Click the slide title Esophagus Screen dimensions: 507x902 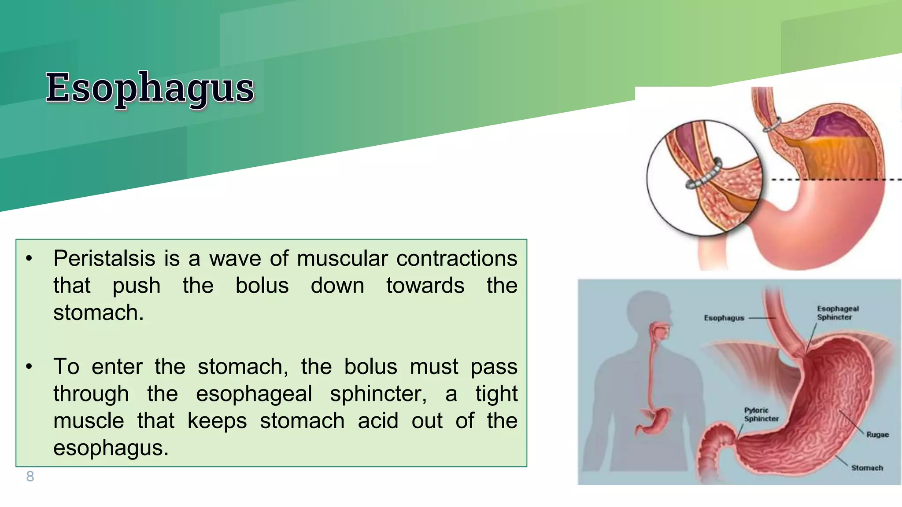point(150,88)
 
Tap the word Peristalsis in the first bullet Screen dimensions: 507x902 point(104,258)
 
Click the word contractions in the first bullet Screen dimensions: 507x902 point(457,258)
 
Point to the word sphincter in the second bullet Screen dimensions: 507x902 point(378,394)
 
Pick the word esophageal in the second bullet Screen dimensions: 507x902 point(254,394)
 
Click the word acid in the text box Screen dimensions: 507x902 point(378,421)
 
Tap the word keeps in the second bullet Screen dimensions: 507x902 point(217,421)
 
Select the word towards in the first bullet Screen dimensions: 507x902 point(425,286)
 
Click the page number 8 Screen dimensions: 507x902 point(30,476)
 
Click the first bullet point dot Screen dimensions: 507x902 point(29,258)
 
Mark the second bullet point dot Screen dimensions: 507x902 point(29,367)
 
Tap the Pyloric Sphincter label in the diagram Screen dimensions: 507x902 point(761,415)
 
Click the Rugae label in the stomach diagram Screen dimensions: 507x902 point(877,435)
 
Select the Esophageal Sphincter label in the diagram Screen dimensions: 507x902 point(838,313)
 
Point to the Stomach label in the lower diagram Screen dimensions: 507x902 point(867,468)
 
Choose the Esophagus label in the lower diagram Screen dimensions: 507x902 point(724,318)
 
